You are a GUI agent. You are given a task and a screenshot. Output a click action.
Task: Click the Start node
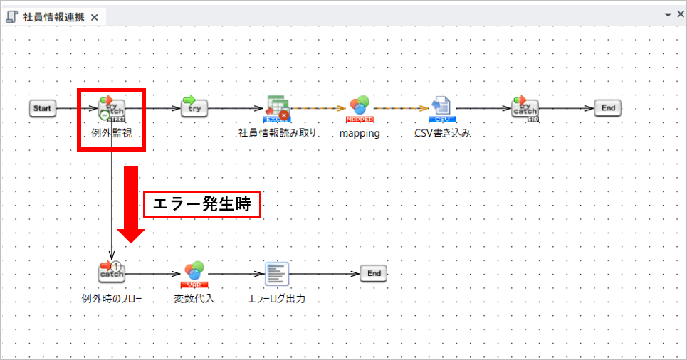click(x=43, y=108)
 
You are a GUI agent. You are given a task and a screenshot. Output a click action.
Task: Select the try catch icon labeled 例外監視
click(x=111, y=108)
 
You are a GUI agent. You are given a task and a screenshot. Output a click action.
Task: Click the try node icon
click(x=194, y=108)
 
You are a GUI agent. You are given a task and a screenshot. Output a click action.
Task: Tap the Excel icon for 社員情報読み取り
click(x=277, y=107)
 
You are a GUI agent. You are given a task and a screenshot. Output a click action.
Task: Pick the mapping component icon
click(x=360, y=107)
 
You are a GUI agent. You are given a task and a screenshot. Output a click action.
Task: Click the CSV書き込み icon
click(x=441, y=107)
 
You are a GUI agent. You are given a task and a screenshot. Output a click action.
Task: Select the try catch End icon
click(x=525, y=108)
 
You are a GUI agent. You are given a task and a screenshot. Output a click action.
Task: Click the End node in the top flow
click(x=608, y=108)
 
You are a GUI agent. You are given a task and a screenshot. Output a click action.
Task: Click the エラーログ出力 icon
click(x=276, y=272)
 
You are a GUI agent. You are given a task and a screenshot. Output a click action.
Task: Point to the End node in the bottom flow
click(x=374, y=273)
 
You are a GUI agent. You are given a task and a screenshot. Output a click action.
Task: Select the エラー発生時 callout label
click(x=201, y=205)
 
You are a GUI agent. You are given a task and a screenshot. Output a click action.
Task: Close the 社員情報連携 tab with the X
click(x=95, y=17)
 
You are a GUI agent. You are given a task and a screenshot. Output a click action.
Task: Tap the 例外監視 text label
click(x=112, y=132)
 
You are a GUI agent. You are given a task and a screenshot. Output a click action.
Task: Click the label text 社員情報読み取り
click(x=277, y=133)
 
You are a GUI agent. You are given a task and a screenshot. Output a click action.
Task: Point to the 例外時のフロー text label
click(x=111, y=299)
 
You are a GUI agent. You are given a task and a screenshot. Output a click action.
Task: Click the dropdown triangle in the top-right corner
click(x=668, y=14)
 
